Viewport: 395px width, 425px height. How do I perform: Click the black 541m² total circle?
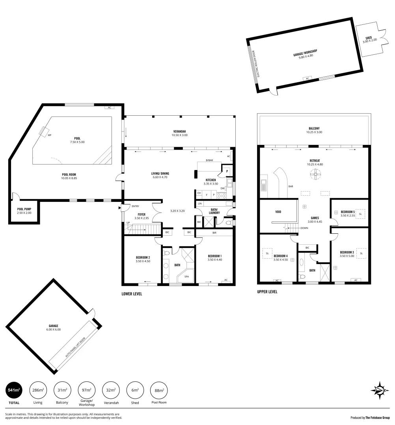pos(14,390)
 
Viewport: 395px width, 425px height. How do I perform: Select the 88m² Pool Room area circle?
pos(159,390)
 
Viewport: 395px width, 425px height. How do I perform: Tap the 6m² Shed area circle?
pos(135,390)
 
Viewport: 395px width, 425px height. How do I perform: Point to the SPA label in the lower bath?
pos(186,277)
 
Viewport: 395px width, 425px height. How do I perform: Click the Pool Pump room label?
pos(24,211)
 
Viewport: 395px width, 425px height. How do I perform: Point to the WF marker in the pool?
pos(49,135)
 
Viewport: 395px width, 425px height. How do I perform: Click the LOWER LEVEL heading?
pos(132,294)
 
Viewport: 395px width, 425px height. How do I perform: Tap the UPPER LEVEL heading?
pos(267,292)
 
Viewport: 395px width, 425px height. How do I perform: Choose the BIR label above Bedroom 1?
pos(214,233)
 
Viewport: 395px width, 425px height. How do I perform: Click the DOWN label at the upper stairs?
pos(304,228)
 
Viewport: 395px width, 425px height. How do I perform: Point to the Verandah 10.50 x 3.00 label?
pos(179,133)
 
